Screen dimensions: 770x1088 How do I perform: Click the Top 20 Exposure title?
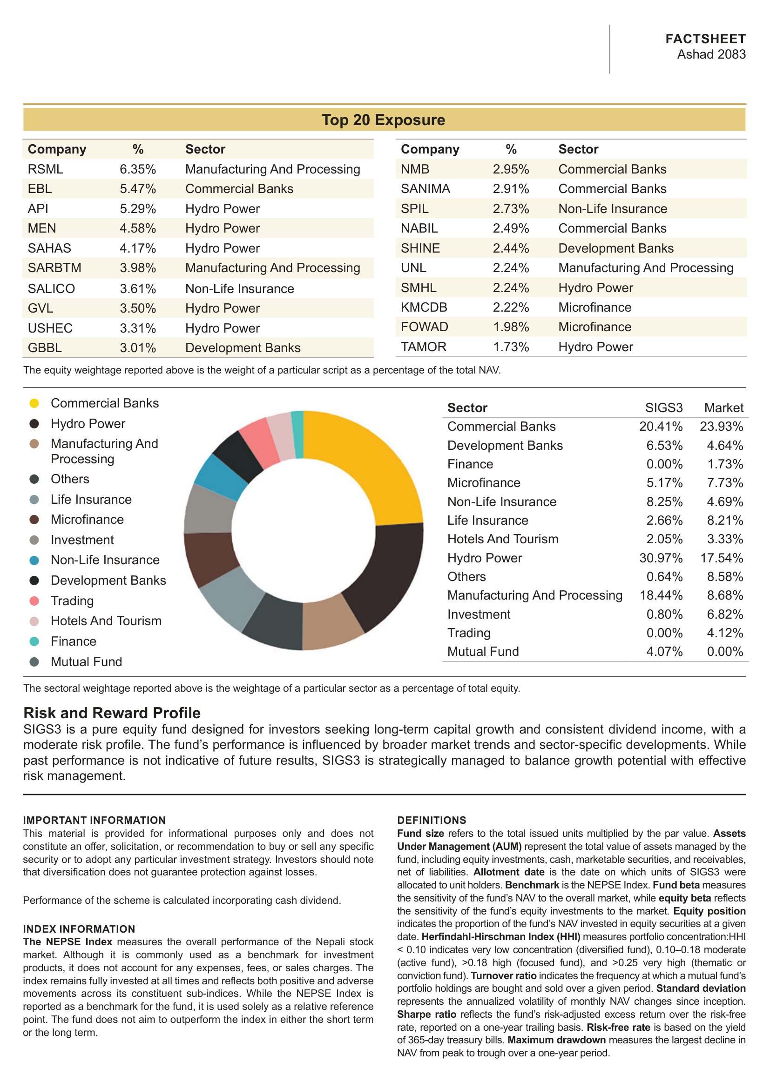(383, 120)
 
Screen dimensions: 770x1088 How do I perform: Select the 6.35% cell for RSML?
(137, 169)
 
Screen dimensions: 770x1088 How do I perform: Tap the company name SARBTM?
(54, 268)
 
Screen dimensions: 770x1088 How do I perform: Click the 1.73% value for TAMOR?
(511, 347)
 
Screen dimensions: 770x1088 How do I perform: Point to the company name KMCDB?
(424, 307)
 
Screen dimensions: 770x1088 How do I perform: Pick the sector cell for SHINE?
(616, 248)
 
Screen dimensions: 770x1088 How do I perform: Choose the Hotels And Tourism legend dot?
(34, 621)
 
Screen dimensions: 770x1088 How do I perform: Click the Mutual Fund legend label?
(86, 661)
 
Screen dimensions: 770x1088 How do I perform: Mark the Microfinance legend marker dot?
(34, 520)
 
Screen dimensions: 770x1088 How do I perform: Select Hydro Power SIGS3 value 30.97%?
(661, 558)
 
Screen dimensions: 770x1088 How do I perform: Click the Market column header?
(723, 407)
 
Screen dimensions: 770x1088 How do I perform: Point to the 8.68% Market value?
(725, 595)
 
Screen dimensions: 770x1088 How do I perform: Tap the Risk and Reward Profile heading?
(112, 713)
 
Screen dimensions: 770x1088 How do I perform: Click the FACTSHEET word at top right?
(705, 39)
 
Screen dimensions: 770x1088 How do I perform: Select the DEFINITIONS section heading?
(432, 820)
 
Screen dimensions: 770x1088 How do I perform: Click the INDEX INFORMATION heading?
(79, 929)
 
